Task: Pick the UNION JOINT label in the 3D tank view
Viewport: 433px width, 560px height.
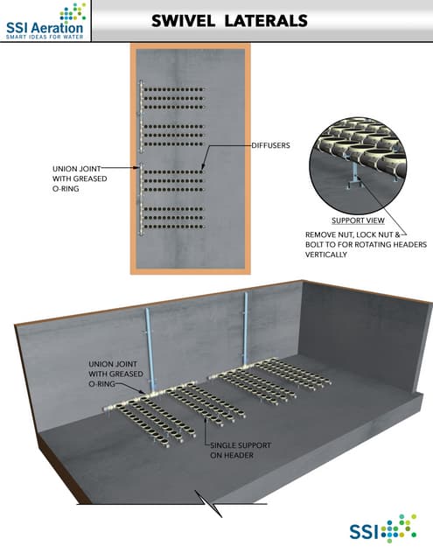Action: [113, 372]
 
